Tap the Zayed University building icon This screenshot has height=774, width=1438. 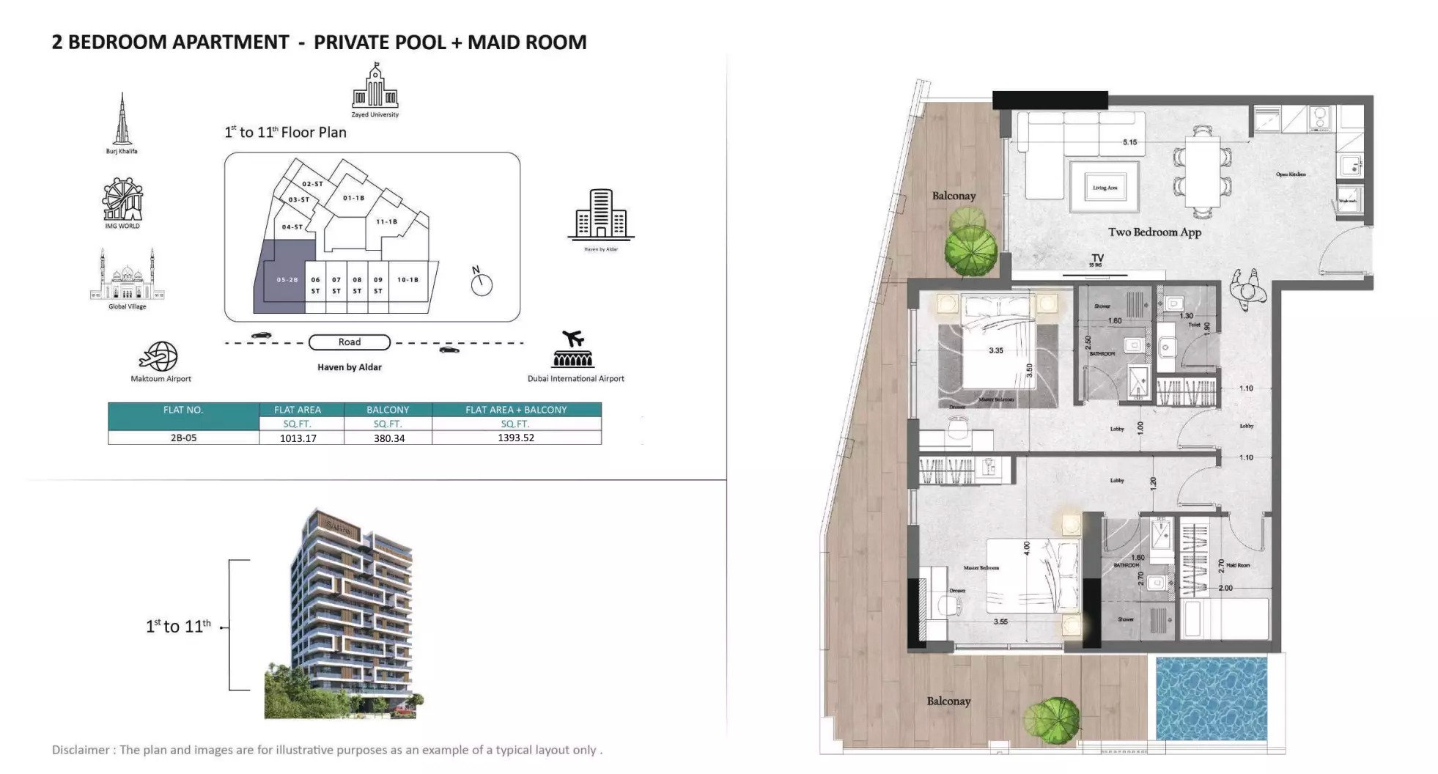pos(375,87)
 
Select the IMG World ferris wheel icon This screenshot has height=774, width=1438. pos(122,199)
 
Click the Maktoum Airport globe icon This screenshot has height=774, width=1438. pos(159,356)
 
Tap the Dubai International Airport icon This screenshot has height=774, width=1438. pos(573,350)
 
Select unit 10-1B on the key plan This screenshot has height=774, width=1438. pos(408,280)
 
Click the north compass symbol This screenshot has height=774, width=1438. pos(481,282)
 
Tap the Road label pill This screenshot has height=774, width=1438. pos(349,342)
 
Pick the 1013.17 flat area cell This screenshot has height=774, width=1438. pos(298,438)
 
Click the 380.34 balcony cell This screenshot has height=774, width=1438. pos(388,438)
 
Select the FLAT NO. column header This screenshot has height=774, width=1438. pos(183,410)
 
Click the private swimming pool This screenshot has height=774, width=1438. pos(1211,698)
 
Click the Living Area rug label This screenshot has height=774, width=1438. pos(1105,188)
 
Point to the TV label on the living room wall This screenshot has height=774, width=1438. pos(1096,259)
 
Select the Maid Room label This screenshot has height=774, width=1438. pos(1237,565)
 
